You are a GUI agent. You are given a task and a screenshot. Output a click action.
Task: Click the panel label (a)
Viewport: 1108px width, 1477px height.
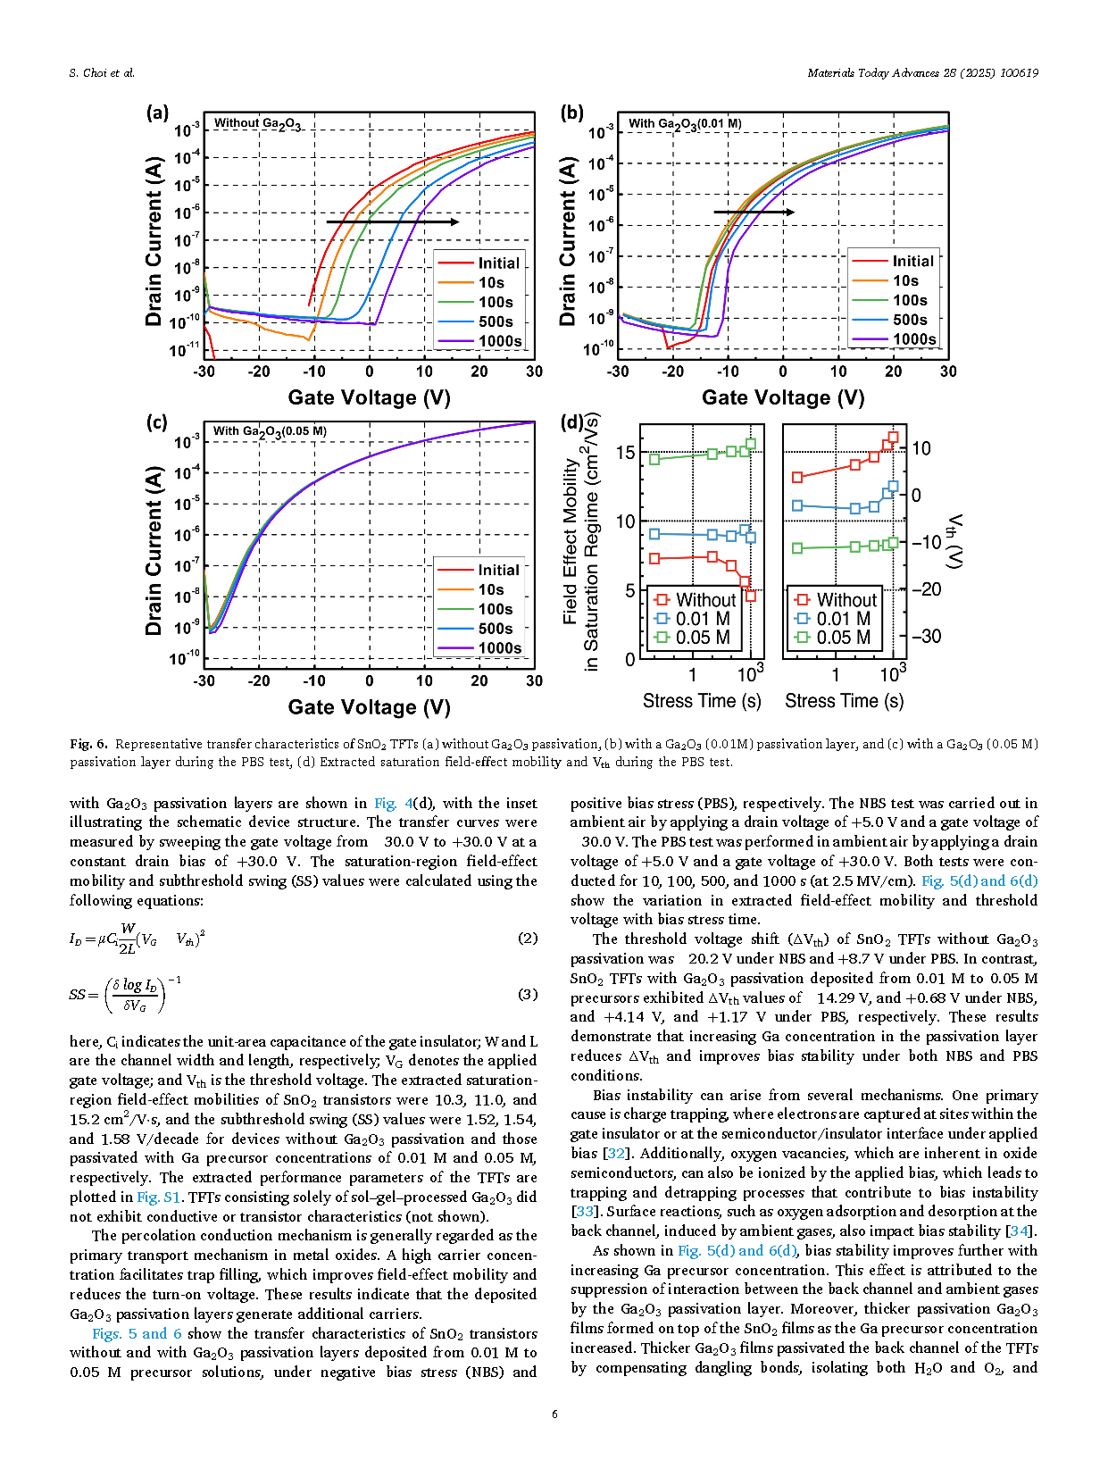[157, 113]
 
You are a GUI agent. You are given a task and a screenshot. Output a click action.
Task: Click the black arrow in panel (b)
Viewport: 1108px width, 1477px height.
[753, 213]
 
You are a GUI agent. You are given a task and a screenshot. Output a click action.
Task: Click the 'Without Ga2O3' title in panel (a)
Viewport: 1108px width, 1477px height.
[257, 124]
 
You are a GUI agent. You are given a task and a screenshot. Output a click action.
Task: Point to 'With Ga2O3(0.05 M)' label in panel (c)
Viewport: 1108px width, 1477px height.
[270, 431]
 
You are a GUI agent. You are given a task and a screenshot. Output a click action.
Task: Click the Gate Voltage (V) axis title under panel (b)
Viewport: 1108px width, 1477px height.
[782, 397]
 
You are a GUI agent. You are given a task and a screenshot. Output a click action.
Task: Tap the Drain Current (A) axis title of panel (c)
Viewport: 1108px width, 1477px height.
[154, 550]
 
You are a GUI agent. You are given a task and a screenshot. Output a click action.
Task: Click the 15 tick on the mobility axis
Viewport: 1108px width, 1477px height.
[625, 453]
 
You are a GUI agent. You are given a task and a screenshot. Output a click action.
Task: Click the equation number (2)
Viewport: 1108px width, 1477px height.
[528, 938]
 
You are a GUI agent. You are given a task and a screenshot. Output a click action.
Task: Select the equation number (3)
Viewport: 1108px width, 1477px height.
[528, 994]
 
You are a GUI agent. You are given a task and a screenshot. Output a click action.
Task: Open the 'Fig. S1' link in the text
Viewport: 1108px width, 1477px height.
[160, 1197]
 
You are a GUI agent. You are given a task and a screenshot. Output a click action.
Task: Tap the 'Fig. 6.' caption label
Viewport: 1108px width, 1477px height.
[88, 744]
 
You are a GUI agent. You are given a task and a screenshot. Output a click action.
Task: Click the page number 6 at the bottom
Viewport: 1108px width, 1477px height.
[554, 1414]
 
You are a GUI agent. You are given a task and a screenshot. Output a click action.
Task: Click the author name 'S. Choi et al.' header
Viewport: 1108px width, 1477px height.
[102, 73]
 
